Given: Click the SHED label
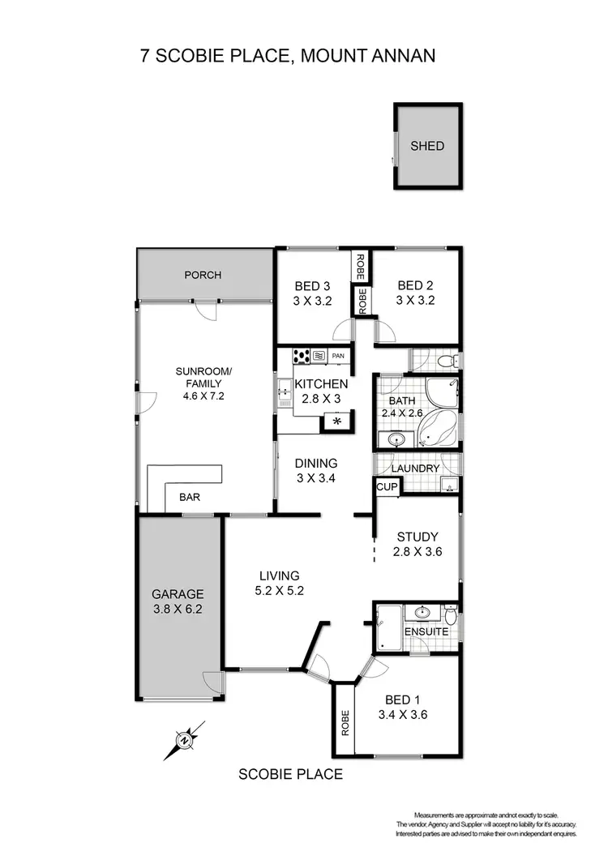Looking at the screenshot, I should coord(427,146).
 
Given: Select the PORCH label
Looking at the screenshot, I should coord(203,275).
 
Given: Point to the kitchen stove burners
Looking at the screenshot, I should coord(302,354).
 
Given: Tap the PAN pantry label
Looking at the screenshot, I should coord(338,355).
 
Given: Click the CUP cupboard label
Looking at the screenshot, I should coord(384,486).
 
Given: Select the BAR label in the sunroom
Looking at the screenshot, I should coord(191,498).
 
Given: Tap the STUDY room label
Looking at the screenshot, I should coord(417,537).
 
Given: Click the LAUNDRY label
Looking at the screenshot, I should coord(415,469).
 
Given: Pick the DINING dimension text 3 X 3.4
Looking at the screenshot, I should coord(316,478).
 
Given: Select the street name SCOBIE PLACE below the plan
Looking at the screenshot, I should coord(290,774).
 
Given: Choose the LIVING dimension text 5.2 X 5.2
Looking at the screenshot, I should coord(279,591).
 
